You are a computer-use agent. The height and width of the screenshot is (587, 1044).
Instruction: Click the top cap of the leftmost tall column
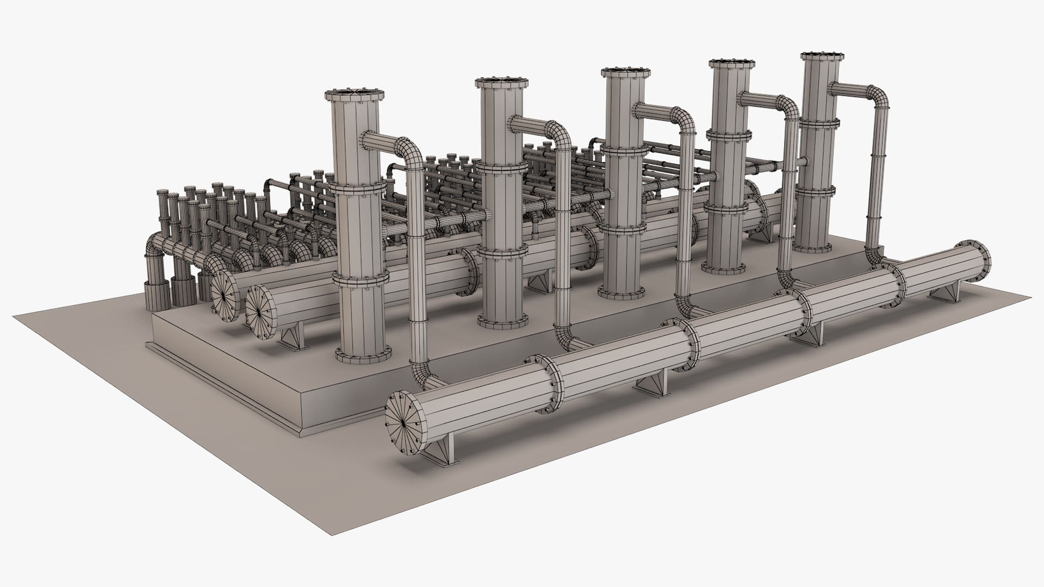(355, 95)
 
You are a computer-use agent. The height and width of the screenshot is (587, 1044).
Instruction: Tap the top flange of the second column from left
(501, 82)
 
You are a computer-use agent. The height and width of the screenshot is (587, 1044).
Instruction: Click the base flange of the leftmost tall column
(363, 354)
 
